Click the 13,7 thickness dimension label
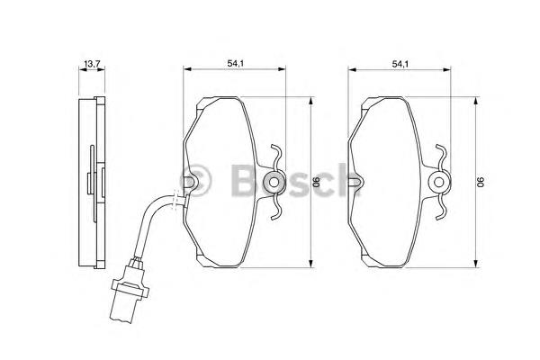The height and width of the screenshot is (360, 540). click(x=92, y=63)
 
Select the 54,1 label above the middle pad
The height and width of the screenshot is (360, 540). click(x=235, y=63)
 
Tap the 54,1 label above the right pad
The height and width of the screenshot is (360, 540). click(x=400, y=63)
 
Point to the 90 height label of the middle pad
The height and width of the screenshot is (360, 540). click(x=317, y=182)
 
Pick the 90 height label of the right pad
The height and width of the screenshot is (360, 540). click(x=481, y=182)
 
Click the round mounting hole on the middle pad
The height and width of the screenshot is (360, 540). click(x=274, y=182)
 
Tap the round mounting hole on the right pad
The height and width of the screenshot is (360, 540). click(x=438, y=182)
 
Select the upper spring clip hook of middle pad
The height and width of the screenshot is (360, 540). click(x=276, y=156)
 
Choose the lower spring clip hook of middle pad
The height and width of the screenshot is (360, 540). click(x=276, y=208)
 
